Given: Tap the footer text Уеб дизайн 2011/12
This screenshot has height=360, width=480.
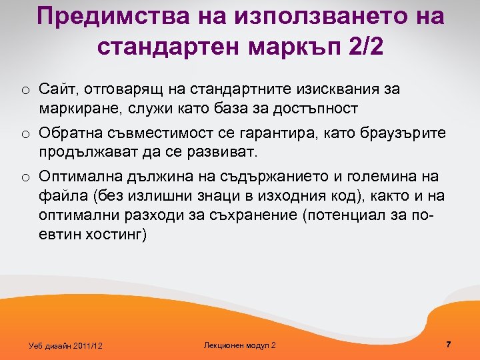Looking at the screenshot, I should pos(65,345).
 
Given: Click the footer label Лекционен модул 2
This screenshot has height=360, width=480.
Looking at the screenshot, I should pos(239,345).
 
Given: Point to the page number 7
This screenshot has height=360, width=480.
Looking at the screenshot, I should pos(449,344).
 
